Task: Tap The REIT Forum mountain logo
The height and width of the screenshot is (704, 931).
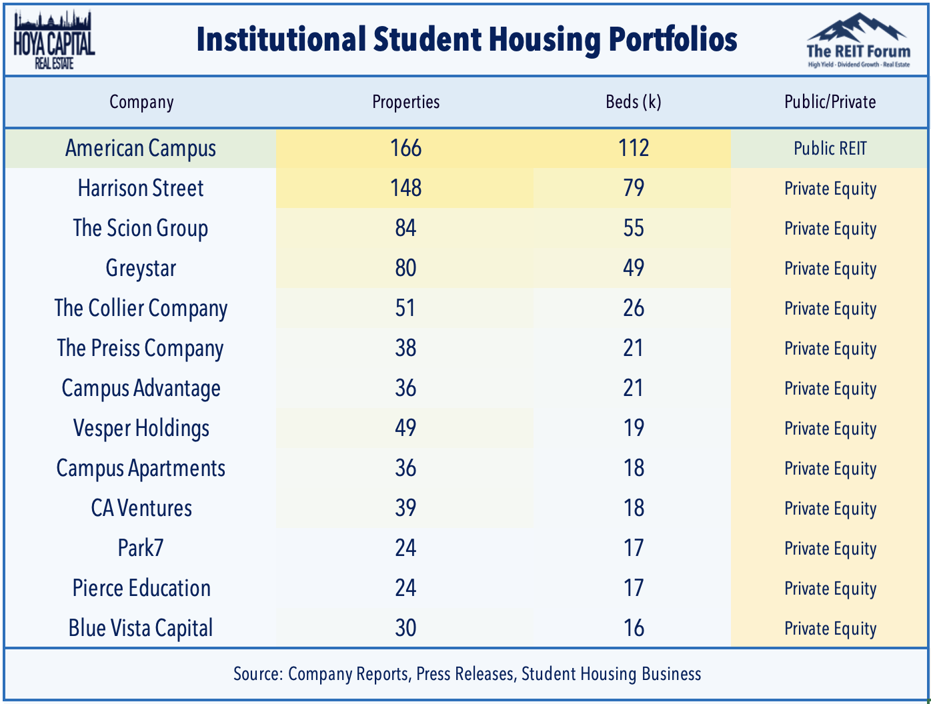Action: (858, 40)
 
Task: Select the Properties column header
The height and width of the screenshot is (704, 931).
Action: (405, 102)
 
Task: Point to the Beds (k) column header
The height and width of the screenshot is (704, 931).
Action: (633, 102)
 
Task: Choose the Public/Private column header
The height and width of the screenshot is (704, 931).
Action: (830, 102)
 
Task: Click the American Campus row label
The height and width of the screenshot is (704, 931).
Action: (141, 148)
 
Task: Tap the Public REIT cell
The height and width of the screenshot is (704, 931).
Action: (830, 148)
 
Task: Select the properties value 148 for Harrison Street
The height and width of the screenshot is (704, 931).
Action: (405, 188)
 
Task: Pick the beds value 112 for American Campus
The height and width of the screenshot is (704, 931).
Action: (633, 148)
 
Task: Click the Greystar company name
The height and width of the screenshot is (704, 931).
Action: (141, 268)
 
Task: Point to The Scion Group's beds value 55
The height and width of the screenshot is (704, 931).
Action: (633, 228)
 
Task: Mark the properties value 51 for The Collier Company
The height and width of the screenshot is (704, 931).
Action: (405, 308)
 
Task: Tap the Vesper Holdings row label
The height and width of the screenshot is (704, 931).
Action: (141, 428)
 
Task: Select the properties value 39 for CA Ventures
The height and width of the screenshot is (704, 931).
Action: (405, 508)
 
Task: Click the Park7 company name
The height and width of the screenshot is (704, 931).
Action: (141, 548)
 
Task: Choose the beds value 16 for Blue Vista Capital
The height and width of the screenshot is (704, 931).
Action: (633, 628)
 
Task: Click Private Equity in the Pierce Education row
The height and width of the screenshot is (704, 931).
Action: (830, 589)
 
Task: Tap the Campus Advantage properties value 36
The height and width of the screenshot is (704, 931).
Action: (405, 388)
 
